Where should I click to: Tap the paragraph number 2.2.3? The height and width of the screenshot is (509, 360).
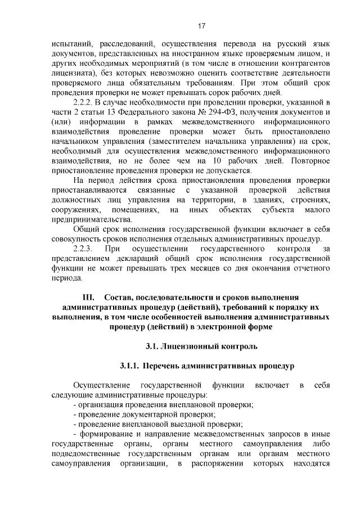click(85, 248)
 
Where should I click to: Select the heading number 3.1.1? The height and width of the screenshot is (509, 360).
click(129, 366)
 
